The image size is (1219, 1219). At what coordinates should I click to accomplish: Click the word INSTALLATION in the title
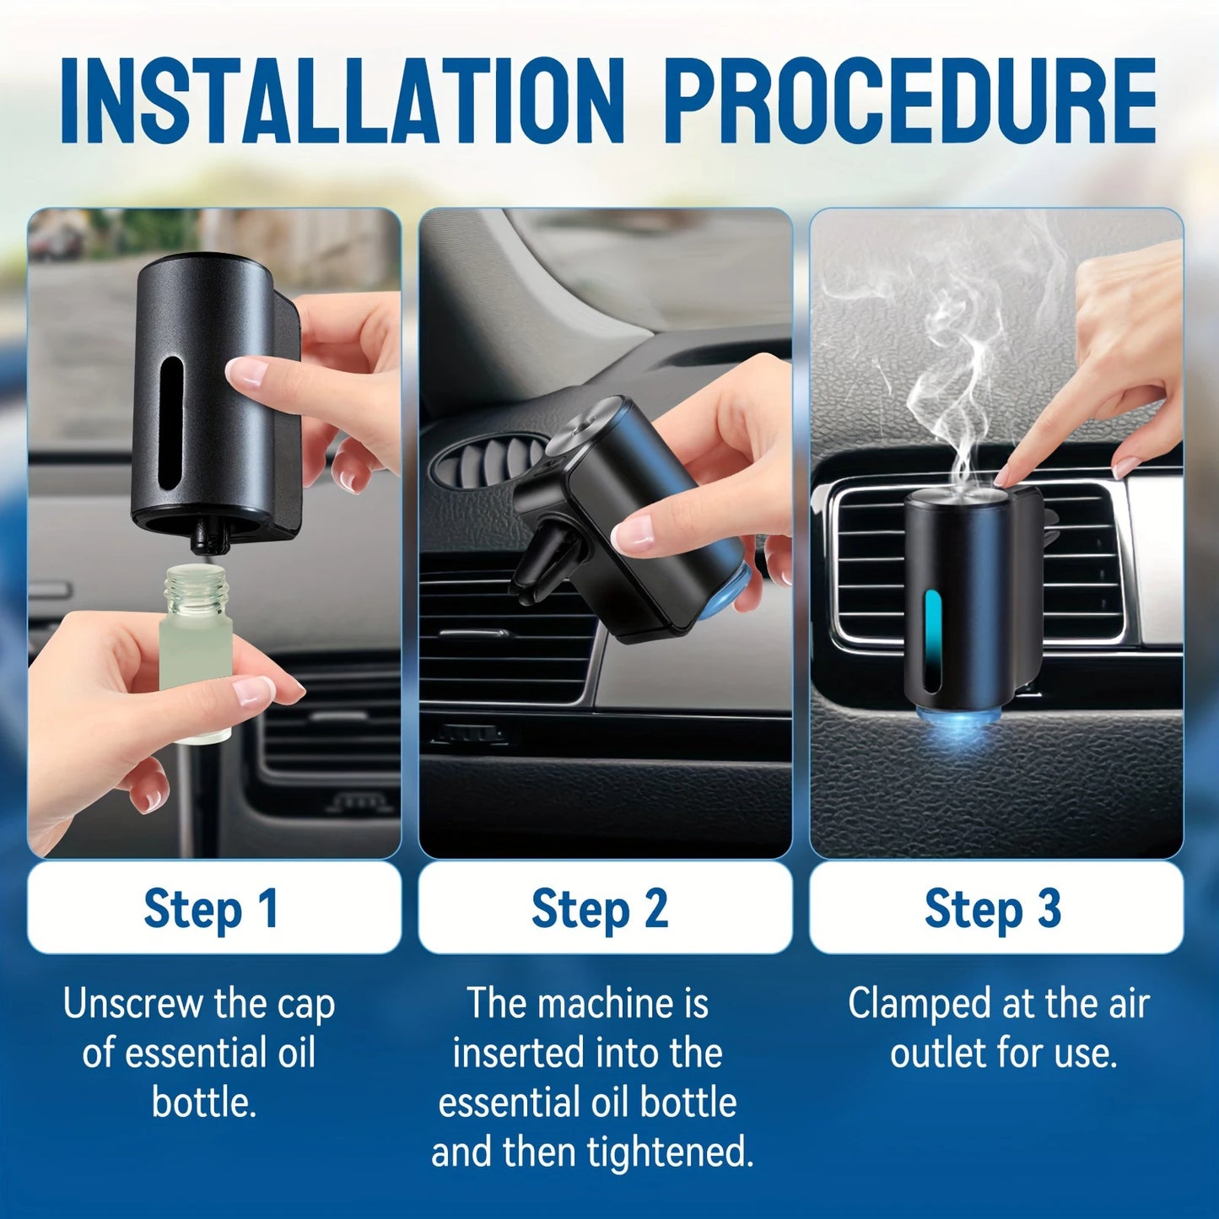[x=342, y=101]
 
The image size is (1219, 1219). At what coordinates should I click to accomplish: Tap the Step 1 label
[x=212, y=908]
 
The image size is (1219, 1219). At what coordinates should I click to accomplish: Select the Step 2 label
[x=601, y=908]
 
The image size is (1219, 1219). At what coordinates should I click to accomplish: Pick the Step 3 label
[x=993, y=908]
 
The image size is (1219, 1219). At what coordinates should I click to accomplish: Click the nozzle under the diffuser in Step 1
[x=203, y=540]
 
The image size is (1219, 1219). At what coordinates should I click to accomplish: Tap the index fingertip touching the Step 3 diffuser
[x=1004, y=479]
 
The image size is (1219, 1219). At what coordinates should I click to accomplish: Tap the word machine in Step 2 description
[x=606, y=1004]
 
